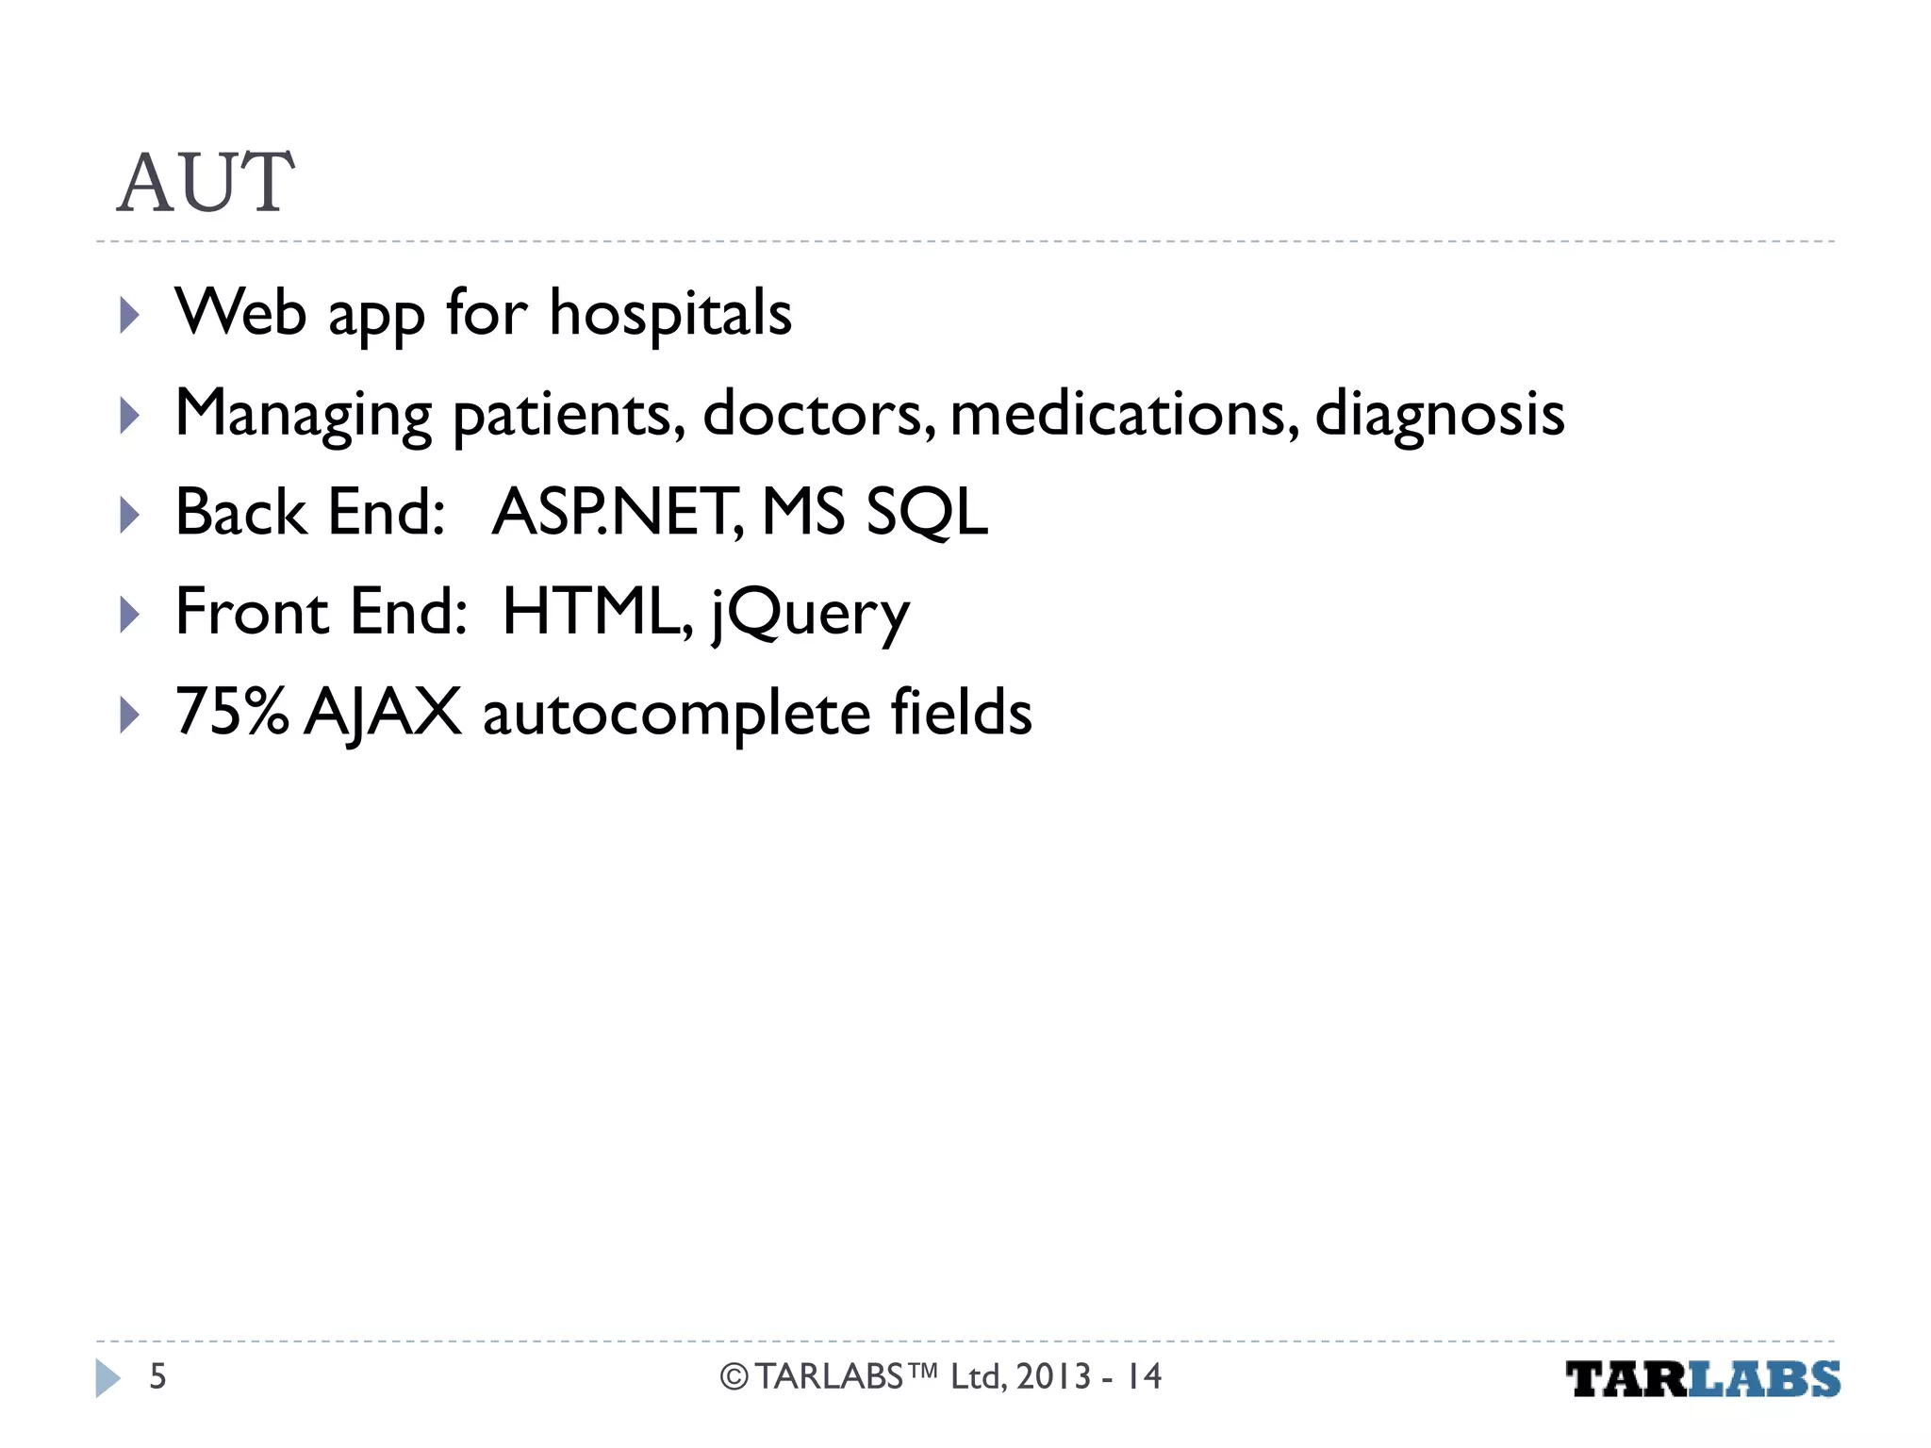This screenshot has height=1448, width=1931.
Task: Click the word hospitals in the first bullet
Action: (x=670, y=313)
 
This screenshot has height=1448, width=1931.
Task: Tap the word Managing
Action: (x=304, y=414)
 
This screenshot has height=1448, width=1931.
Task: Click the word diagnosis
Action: (x=1439, y=414)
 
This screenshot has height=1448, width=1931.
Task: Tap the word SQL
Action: (x=927, y=513)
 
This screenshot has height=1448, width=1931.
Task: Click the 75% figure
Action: (x=232, y=712)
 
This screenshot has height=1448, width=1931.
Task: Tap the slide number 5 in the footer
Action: (x=158, y=1376)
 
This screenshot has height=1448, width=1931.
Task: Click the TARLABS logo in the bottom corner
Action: (x=1703, y=1379)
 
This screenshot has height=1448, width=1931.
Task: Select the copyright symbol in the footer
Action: (x=734, y=1377)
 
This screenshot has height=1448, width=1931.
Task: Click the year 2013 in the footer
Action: (x=1053, y=1376)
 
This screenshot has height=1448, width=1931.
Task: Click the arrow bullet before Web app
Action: (x=130, y=315)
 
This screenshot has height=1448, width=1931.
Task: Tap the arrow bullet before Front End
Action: (x=130, y=615)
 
